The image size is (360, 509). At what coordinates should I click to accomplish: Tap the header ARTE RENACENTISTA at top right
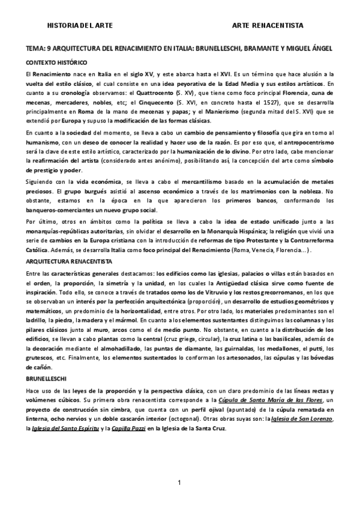coord(268,25)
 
